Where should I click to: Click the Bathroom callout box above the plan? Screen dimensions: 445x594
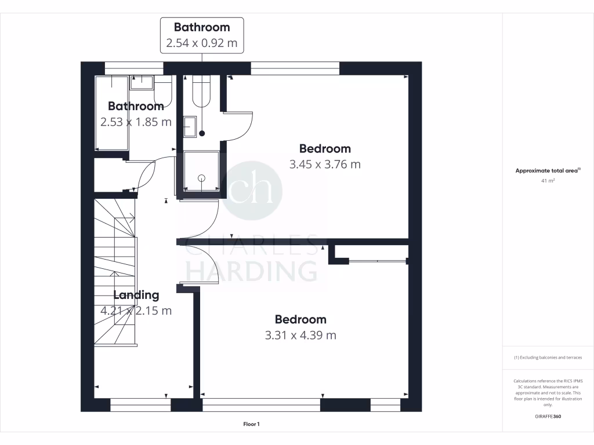point(202,35)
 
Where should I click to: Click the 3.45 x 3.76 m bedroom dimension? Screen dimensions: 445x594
point(325,165)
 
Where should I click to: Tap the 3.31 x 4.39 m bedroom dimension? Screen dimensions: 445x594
point(300,335)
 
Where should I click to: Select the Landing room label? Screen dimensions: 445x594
point(136,295)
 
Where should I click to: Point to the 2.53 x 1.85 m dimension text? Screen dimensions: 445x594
point(136,122)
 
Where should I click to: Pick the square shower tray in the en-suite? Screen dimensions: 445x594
point(202,172)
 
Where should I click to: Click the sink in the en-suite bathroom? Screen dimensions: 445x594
point(190,126)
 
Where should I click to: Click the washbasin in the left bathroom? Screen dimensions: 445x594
point(141,82)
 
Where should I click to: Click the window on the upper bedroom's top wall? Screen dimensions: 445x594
point(295,69)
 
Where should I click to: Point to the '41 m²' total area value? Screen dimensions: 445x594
point(548,181)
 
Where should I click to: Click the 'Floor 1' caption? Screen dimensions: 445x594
point(251,424)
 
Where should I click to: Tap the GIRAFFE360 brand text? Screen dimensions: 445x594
point(548,417)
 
